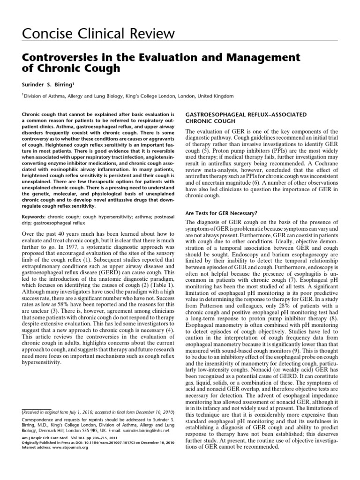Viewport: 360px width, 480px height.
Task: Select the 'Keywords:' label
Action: [x=35, y=217]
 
